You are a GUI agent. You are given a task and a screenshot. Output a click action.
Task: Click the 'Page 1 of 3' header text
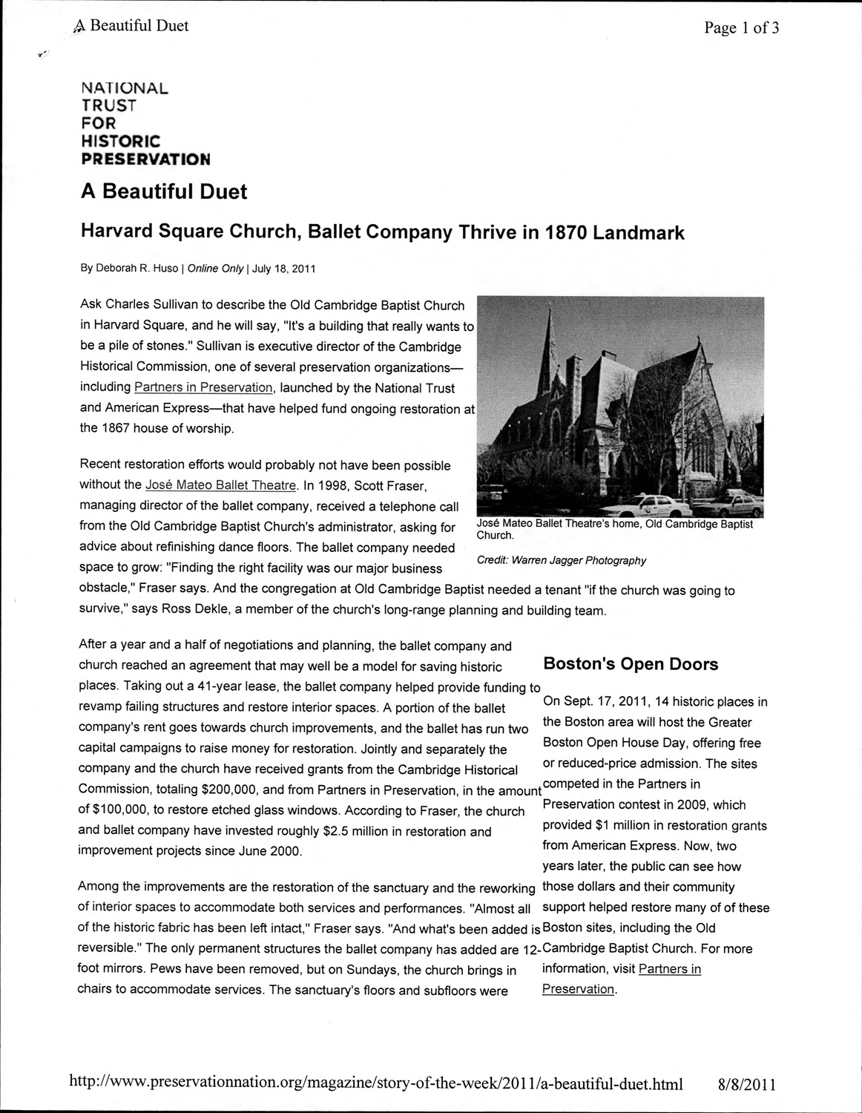pos(741,28)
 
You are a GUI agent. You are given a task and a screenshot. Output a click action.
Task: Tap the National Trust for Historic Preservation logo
pos(145,123)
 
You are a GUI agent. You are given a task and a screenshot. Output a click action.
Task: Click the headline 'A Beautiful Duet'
pos(163,191)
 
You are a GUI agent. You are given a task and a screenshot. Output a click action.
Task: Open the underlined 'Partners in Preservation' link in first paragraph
pos(203,387)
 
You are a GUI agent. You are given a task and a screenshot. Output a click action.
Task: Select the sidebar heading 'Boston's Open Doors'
pos(631,664)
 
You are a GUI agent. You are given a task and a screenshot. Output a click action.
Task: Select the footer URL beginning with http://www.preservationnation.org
pos(375,1083)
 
